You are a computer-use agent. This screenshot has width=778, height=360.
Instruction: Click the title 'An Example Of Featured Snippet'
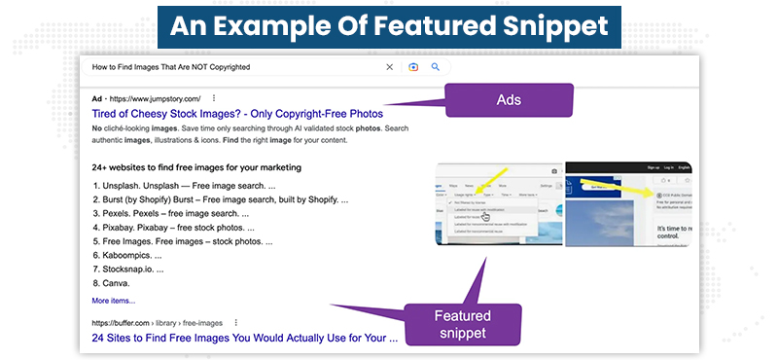[389, 25]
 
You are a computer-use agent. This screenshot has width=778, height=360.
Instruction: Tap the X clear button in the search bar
[390, 67]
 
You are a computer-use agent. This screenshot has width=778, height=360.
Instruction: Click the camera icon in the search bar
[413, 67]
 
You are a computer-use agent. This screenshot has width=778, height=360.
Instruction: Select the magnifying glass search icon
[436, 67]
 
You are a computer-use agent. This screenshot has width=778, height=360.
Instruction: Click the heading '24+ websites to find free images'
[196, 167]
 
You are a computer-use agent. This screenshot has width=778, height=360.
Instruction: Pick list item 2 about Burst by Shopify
[219, 198]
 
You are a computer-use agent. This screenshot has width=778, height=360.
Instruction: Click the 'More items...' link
[114, 301]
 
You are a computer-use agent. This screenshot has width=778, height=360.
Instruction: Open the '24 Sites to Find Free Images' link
[244, 339]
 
